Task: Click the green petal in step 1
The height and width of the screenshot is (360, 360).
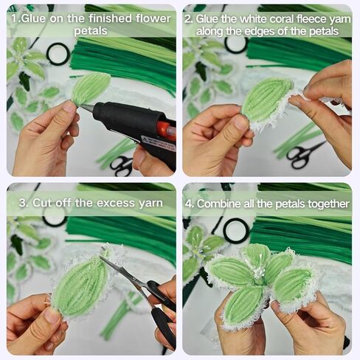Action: coord(90,88)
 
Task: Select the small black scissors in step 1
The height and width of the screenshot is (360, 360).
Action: coord(122,165)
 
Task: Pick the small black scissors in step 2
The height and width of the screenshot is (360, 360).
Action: coord(303,154)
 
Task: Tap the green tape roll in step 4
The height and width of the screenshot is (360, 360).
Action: coord(236,231)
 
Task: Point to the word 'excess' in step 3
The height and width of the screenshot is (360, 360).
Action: coord(115,203)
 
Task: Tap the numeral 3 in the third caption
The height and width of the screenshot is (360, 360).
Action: coord(22,203)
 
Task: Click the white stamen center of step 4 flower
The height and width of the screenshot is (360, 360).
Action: coord(258,271)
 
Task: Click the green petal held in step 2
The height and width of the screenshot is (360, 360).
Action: coord(266,100)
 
